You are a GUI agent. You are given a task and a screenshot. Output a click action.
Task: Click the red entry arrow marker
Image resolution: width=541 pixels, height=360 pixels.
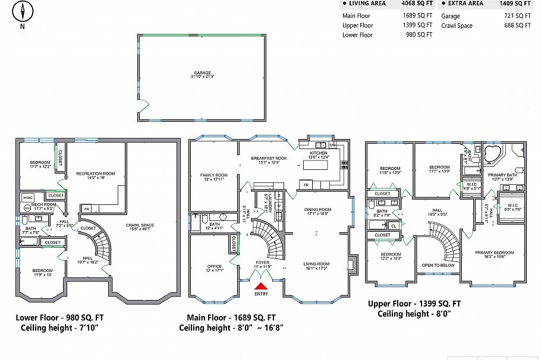tap(262, 286)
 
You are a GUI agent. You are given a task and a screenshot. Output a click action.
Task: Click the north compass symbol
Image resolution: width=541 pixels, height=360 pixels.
tap(23, 12)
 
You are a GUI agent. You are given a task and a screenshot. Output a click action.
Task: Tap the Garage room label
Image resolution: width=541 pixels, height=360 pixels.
tap(202, 73)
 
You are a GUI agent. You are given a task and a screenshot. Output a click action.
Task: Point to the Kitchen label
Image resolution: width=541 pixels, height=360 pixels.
tap(319, 153)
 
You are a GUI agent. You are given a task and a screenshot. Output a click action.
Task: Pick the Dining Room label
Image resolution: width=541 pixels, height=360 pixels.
tap(317, 210)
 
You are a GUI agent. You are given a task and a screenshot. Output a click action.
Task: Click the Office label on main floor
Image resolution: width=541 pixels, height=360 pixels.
tap(214, 266)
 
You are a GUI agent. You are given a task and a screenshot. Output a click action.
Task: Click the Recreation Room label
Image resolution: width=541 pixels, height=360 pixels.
tap(95, 173)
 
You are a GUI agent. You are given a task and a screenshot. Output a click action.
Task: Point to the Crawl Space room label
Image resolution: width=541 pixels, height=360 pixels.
tap(140, 225)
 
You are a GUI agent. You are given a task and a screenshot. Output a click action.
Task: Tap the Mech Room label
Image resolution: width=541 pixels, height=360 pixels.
tap(45, 204)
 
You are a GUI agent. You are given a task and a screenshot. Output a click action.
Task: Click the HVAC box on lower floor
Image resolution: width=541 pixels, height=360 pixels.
tap(27, 197)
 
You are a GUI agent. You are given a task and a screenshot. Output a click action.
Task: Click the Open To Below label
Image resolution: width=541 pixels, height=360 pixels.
tap(438, 265)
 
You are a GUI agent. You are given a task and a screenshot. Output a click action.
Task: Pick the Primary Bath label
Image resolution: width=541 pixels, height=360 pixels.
tap(500, 175)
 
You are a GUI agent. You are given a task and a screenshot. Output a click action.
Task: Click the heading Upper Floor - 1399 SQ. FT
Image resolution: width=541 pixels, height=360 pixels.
tap(414, 304)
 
